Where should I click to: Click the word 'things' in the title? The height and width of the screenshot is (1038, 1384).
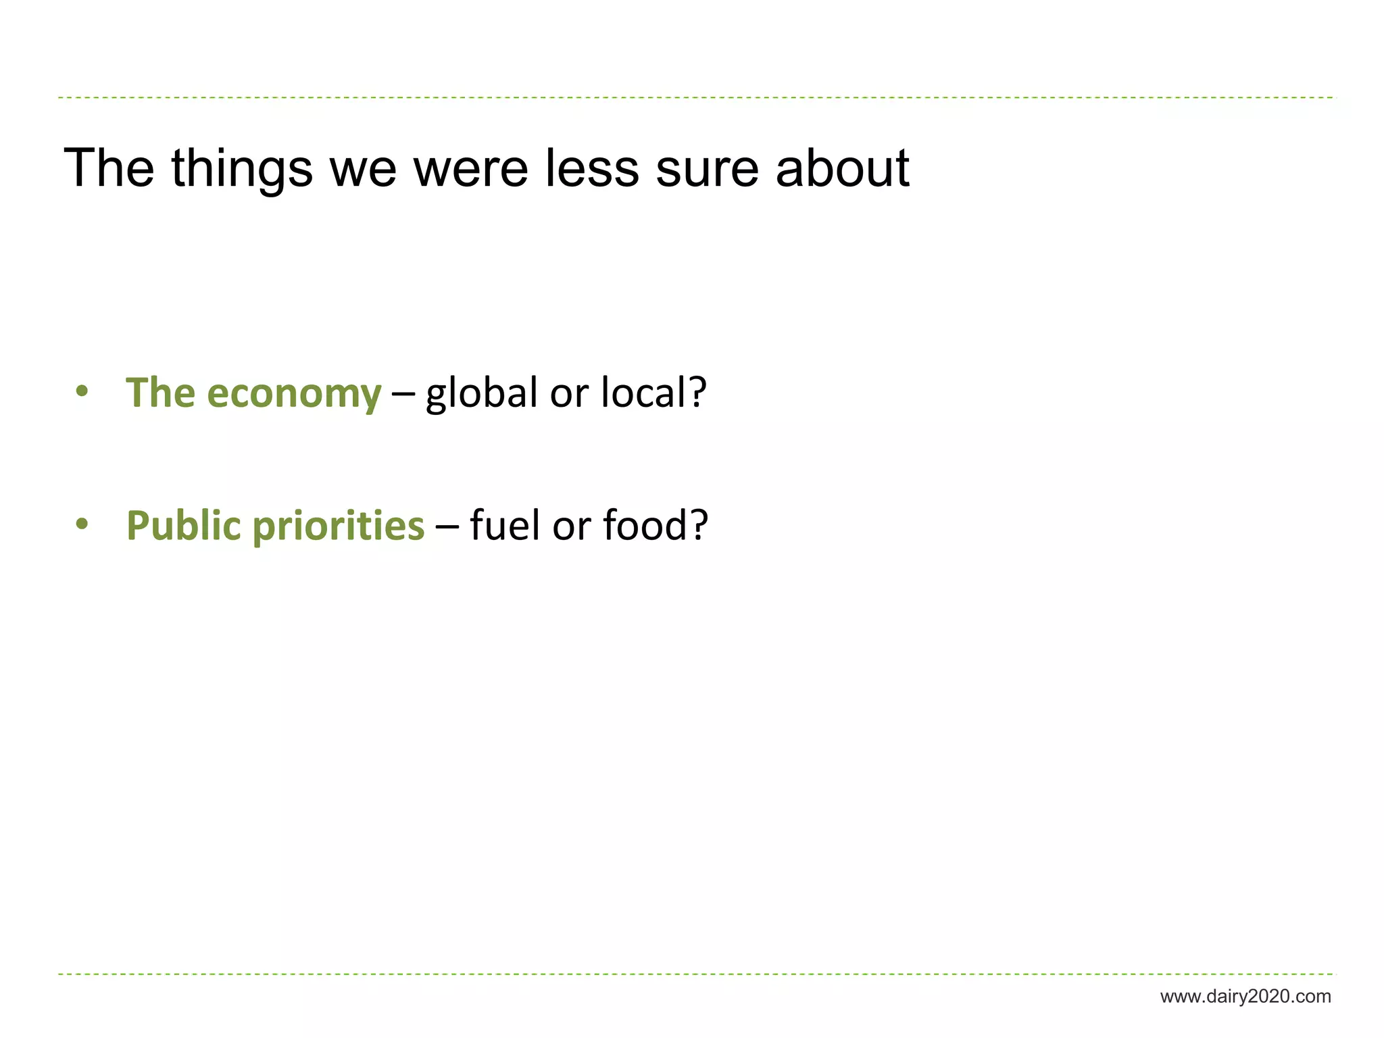pos(242,169)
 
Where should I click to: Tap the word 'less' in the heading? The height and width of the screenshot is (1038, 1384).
pos(592,169)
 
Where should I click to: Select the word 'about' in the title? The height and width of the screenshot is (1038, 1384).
pos(842,169)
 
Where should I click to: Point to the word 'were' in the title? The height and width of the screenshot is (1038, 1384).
pos(470,169)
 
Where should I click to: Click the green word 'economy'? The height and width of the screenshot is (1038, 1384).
pos(294,393)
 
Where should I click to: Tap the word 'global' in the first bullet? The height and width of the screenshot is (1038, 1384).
pos(481,393)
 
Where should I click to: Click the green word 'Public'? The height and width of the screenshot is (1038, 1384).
pos(183,526)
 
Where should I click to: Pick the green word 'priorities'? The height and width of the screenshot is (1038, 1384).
pos(339,526)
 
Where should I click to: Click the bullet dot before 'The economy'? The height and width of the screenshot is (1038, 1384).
pos(82,392)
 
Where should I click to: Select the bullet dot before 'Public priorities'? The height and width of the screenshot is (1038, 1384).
pos(82,524)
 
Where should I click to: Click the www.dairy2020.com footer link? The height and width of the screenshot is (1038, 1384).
pos(1245,997)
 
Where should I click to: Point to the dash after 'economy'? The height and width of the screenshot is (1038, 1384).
pos(403,393)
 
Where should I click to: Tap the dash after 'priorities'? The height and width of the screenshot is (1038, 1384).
pos(447,526)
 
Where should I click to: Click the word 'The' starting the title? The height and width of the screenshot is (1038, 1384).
pos(109,169)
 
